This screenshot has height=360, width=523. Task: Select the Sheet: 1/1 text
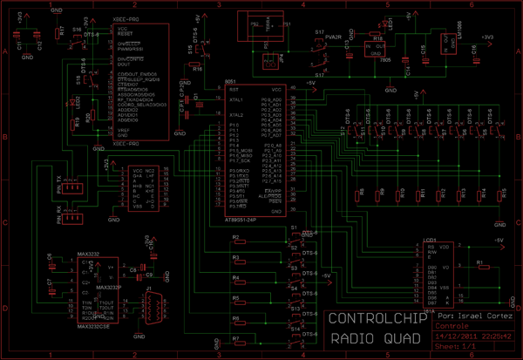coord(453,347)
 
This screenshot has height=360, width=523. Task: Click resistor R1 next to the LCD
coord(480,264)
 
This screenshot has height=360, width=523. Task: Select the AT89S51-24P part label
coord(234,221)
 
